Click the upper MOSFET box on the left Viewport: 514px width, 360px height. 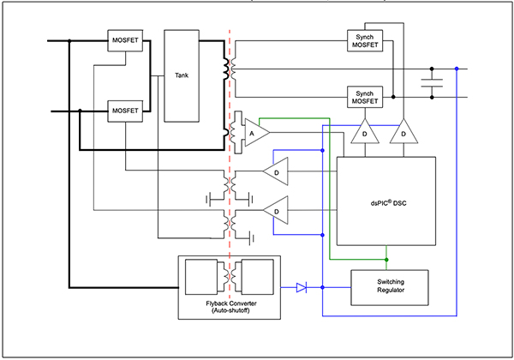point(124,39)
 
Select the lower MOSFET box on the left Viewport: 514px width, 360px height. point(124,110)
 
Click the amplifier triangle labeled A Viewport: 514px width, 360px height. point(255,134)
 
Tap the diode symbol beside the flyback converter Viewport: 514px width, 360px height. point(301,288)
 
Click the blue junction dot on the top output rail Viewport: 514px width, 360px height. point(457,69)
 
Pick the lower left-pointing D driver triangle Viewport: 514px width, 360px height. point(277,210)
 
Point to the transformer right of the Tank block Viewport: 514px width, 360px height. point(230,69)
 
